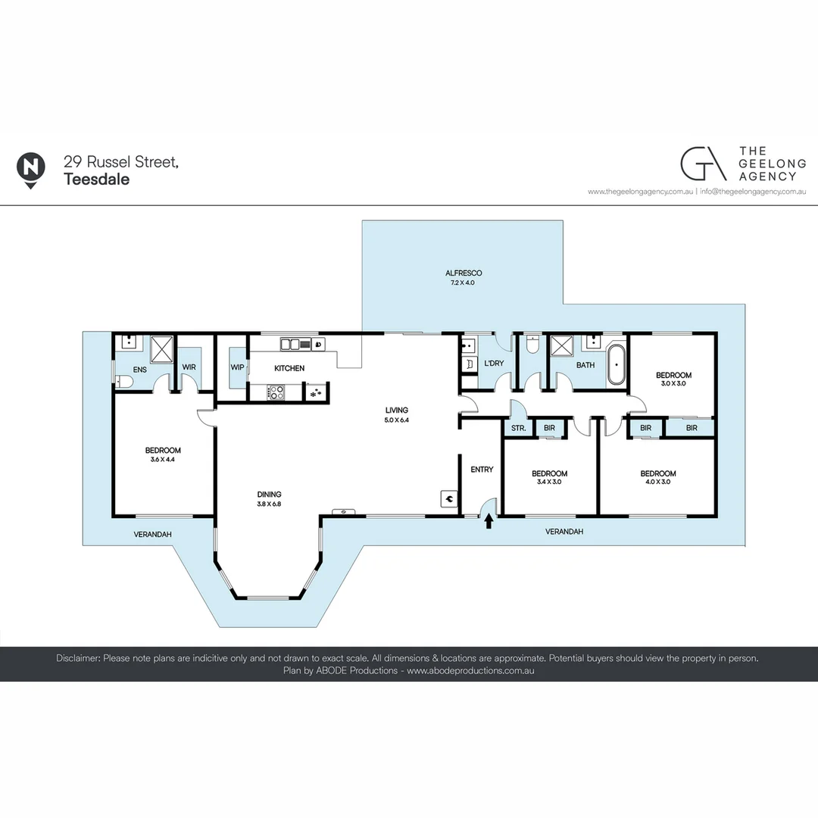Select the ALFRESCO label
464,273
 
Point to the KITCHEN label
289,369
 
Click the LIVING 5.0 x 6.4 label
396,415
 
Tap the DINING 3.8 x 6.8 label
269,498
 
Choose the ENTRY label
482,470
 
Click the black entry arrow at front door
489,521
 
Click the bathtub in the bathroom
617,364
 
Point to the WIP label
237,368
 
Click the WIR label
189,369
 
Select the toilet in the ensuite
123,382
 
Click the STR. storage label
519,429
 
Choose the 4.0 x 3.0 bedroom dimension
657,482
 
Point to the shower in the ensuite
161,348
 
